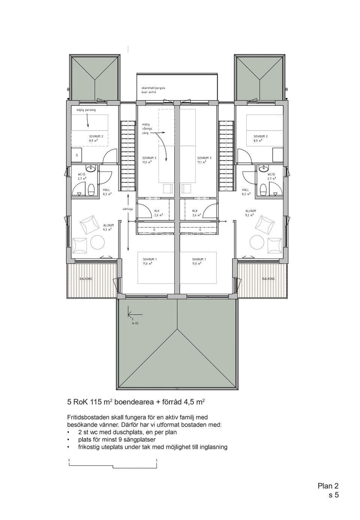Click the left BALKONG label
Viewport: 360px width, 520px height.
point(86,279)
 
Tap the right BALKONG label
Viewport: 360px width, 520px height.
point(268,279)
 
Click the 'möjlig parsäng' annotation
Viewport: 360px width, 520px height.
point(86,110)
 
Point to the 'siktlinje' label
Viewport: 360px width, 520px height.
point(127,209)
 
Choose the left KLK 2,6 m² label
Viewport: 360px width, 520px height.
point(158,213)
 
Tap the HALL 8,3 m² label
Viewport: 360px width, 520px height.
point(107,191)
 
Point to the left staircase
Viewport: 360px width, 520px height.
point(128,156)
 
